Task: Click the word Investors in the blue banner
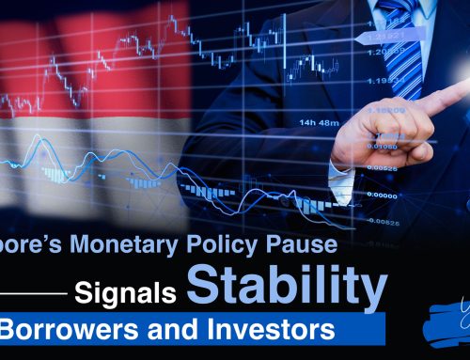pos(217,331)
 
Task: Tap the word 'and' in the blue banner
pos(133,331)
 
